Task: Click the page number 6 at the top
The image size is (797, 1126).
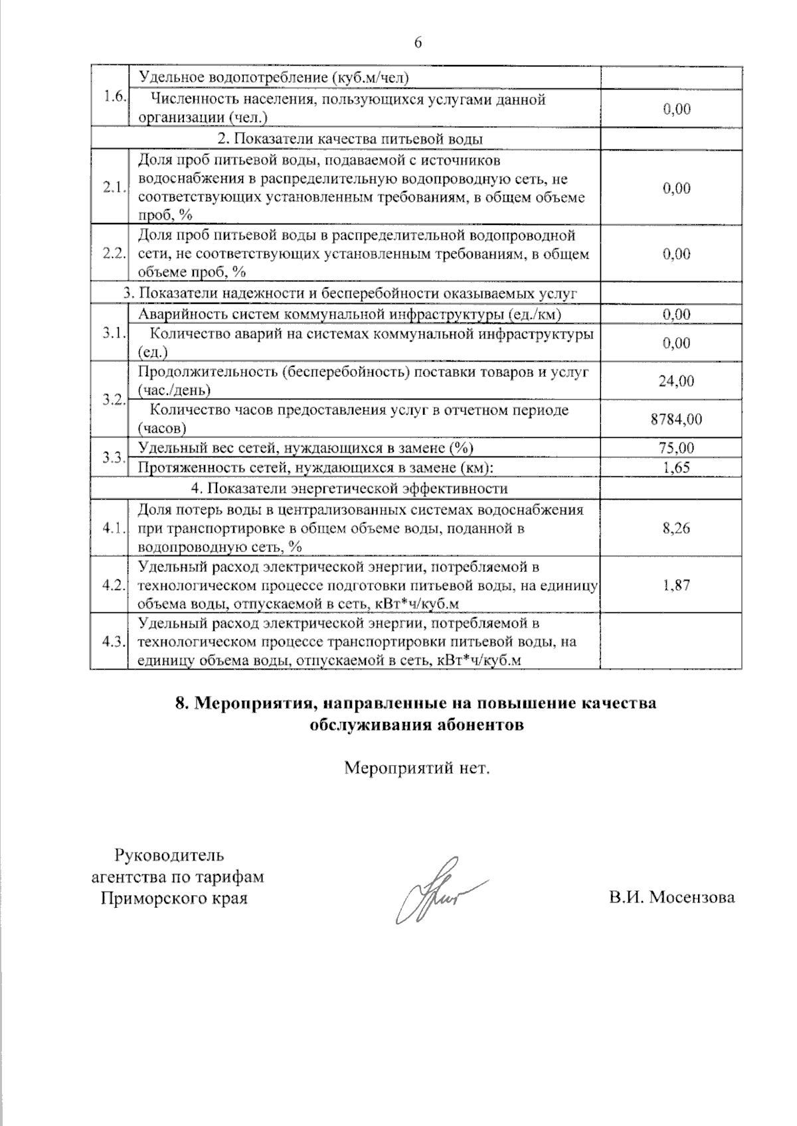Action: [x=417, y=42]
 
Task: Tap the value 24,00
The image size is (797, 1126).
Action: [x=676, y=381]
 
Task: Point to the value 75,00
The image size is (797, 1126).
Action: [x=676, y=448]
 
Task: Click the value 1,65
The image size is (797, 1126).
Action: [x=677, y=467]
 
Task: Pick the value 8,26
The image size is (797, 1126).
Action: [x=677, y=528]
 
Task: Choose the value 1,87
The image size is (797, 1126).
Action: [x=677, y=585]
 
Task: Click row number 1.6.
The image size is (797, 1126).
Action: [x=114, y=96]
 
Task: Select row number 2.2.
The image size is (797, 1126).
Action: [x=114, y=253]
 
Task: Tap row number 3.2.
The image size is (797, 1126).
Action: [x=114, y=399]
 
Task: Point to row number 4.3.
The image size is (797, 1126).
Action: [x=114, y=642]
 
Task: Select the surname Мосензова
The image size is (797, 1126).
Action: [x=692, y=898]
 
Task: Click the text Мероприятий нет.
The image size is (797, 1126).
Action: [x=416, y=768]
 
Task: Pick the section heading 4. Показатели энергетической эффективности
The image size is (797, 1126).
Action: [x=349, y=488]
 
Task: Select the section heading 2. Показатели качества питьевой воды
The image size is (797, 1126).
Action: [x=350, y=139]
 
